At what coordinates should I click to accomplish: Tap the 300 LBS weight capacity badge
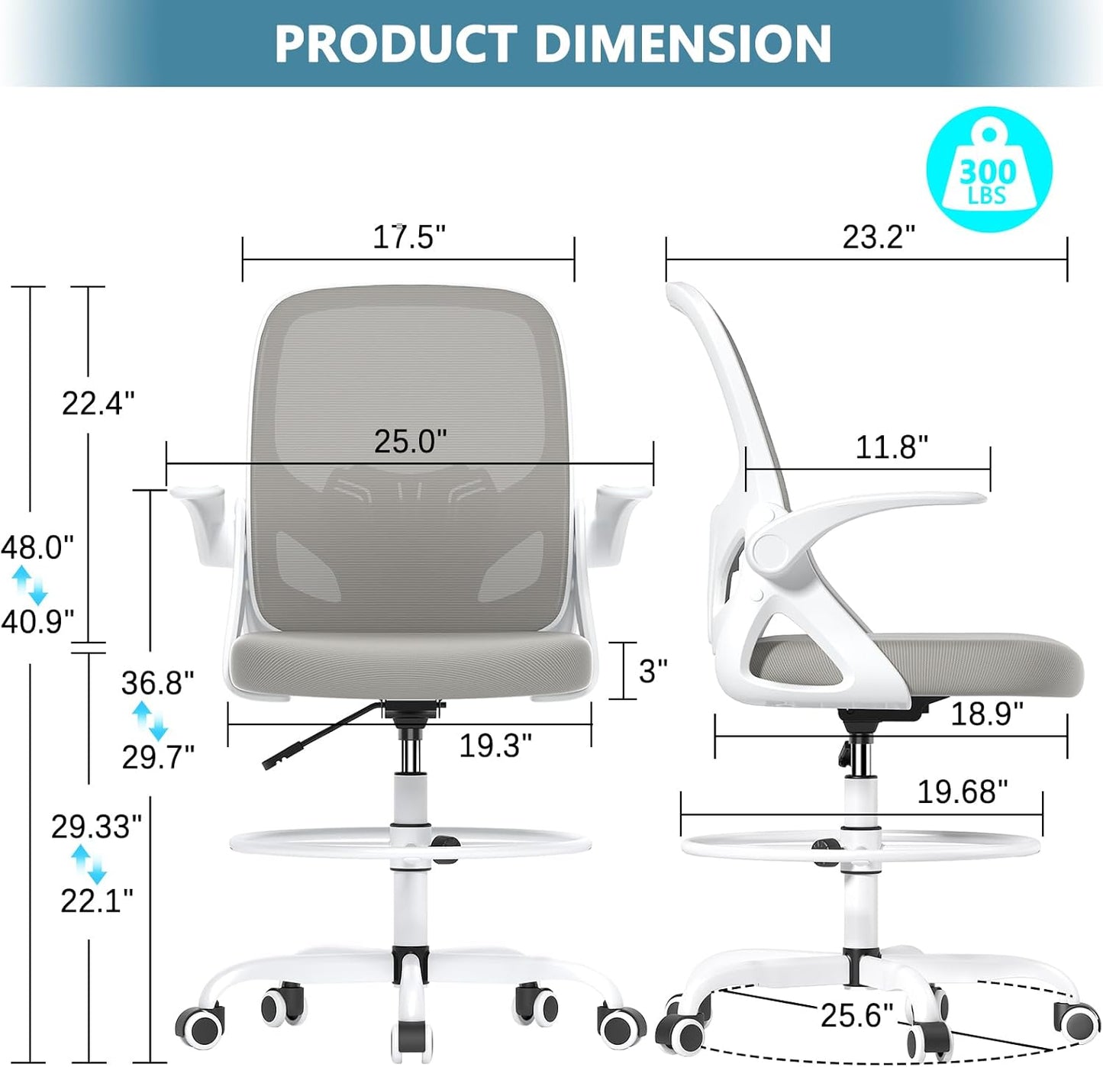point(989,169)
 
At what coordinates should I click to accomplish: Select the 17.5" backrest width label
point(408,237)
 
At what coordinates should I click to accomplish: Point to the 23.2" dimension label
point(879,237)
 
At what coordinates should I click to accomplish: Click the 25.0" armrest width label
point(410,441)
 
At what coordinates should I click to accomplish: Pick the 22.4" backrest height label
point(98,402)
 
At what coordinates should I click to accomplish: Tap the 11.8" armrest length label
point(892,446)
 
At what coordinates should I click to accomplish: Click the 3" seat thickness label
point(653,671)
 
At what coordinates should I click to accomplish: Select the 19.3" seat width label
point(495,745)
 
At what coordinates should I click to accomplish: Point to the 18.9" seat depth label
point(986,714)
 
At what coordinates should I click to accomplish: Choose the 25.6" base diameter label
point(856,1015)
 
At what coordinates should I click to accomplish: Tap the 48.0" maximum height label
point(37,547)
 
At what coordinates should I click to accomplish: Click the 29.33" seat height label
point(96,827)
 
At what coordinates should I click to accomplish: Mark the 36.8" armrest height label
point(157,682)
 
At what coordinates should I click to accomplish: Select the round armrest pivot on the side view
point(769,551)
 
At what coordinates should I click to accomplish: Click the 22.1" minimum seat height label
point(97,901)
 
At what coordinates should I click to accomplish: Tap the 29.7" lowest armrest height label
point(158,756)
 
